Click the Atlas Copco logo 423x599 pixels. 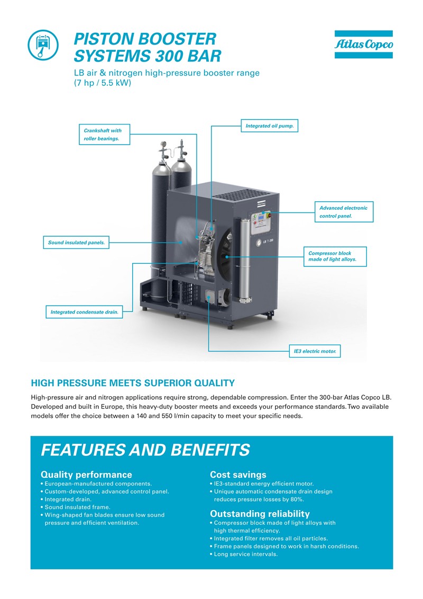tap(363, 44)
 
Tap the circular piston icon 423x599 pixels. tap(43, 45)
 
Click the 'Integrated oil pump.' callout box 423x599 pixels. tap(269, 126)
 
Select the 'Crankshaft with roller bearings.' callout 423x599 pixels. tap(105, 135)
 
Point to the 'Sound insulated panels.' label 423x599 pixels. tap(76, 243)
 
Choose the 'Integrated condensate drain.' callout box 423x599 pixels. tap(84, 312)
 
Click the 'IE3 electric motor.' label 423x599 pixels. tap(315, 351)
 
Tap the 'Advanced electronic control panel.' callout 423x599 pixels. tap(344, 212)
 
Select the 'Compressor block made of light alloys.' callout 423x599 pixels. tap(335, 256)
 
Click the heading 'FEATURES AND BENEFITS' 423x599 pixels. tap(145, 450)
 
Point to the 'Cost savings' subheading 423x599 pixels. tap(238, 475)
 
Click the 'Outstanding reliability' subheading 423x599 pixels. tap(260, 514)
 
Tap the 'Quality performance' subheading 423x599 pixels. tap(86, 475)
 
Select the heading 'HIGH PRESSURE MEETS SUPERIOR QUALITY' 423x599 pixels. tap(133, 383)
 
